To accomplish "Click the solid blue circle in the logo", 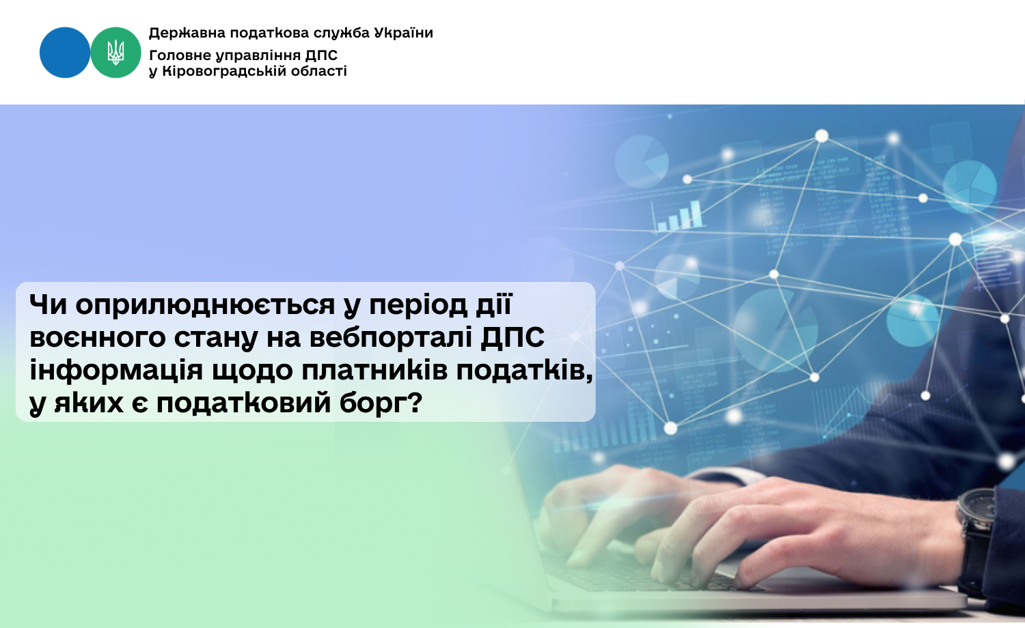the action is [x=64, y=53].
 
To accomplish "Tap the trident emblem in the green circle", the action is [x=115, y=53].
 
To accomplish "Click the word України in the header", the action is [x=403, y=33].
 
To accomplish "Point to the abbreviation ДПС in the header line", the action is [x=321, y=55].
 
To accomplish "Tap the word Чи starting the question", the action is [x=48, y=304].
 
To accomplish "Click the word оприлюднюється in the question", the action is [x=205, y=305].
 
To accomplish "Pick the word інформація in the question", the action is [x=115, y=371].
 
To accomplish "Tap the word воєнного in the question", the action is [x=98, y=338].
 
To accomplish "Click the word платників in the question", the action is [x=374, y=371].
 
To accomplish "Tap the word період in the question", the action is [x=418, y=305].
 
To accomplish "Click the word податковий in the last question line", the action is [x=243, y=403].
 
